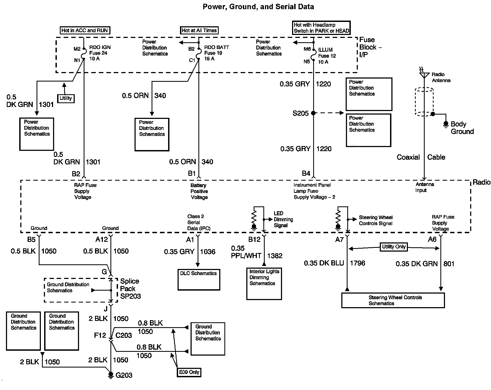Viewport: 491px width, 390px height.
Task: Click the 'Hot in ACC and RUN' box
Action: (x=85, y=30)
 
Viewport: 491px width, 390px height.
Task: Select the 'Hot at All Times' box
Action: (x=199, y=30)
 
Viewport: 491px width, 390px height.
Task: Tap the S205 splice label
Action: (x=300, y=113)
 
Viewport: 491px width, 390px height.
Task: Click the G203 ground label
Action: (x=124, y=375)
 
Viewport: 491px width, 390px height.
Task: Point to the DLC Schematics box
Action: (x=199, y=279)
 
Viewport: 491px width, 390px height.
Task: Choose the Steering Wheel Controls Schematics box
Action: (x=393, y=300)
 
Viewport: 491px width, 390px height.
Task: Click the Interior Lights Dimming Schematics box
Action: (x=264, y=284)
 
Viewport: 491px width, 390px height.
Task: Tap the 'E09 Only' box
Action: (x=189, y=372)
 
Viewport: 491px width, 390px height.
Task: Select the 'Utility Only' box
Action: (x=394, y=247)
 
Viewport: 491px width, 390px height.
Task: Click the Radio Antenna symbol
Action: (x=424, y=74)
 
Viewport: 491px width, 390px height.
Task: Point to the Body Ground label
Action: (x=462, y=128)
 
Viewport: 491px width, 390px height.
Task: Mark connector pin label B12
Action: (x=254, y=239)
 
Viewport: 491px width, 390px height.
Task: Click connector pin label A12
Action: (x=102, y=239)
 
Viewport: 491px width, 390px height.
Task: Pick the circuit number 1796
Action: (x=358, y=263)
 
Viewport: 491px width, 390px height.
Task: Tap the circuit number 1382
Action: (x=275, y=256)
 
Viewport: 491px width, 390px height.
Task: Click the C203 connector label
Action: (x=124, y=335)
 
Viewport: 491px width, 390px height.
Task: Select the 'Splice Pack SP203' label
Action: (x=130, y=289)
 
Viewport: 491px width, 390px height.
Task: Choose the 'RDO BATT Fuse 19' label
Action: (x=217, y=50)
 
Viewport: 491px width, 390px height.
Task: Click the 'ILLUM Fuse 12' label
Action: (x=327, y=53)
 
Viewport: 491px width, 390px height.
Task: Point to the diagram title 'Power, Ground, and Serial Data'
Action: (x=258, y=7)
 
